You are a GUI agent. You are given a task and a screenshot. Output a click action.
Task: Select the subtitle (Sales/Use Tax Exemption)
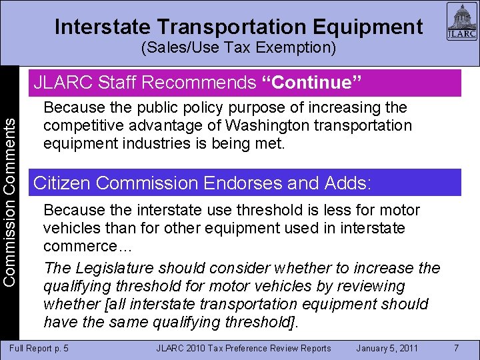point(239,48)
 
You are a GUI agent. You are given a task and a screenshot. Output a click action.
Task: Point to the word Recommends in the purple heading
point(199,83)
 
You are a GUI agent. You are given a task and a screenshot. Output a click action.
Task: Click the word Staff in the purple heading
point(119,83)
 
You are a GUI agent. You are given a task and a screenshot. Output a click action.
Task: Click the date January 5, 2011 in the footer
point(387,348)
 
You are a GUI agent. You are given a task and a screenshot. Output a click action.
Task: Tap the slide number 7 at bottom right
point(456,347)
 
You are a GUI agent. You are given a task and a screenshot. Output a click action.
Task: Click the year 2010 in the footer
point(197,348)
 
